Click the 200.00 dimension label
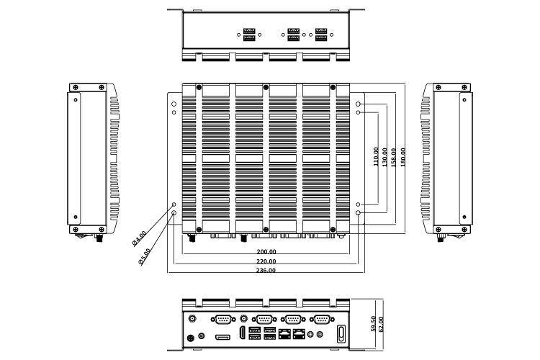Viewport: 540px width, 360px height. tap(266, 252)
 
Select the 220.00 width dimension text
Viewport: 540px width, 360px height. tap(266, 261)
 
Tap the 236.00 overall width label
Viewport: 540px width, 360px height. tap(266, 271)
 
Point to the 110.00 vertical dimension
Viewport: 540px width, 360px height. tap(376, 157)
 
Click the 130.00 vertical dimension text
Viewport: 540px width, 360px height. tap(385, 157)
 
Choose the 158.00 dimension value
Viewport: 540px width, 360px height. tap(394, 157)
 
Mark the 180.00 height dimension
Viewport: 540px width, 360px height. tap(403, 157)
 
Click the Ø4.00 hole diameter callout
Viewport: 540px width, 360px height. tap(140, 238)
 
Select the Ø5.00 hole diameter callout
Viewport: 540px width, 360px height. tap(144, 256)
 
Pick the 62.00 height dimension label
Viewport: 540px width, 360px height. tap(382, 324)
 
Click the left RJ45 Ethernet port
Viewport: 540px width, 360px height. tap(285, 334)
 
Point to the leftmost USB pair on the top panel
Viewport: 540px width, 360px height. tap(249, 35)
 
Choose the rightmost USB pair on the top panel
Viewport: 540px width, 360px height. tap(321, 35)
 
